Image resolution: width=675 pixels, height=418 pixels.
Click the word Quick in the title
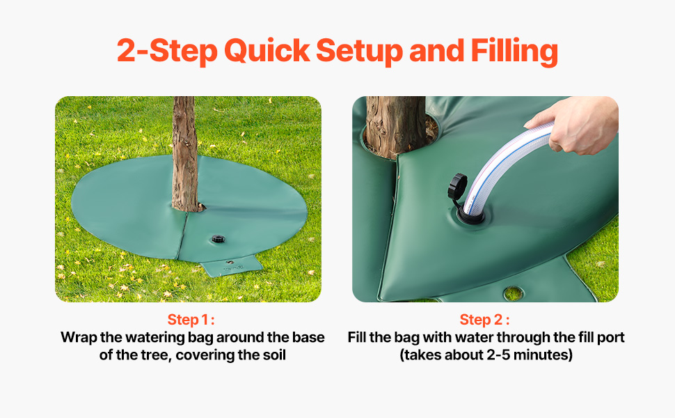pyautogui.click(x=267, y=51)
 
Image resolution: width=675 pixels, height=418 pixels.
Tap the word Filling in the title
pyautogui.click(x=514, y=52)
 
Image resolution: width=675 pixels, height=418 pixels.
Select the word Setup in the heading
pyautogui.click(x=359, y=52)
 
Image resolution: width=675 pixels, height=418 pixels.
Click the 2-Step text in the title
pyautogui.click(x=167, y=52)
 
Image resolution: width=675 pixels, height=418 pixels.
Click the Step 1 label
pyautogui.click(x=191, y=320)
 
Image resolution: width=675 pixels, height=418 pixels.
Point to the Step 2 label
pyautogui.click(x=485, y=320)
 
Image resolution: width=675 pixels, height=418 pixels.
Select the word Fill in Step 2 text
pyautogui.click(x=356, y=337)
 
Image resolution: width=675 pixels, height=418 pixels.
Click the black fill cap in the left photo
pyautogui.click(x=219, y=239)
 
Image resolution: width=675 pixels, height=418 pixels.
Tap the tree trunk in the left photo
pyautogui.click(x=186, y=153)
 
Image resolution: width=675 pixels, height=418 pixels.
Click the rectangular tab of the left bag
pyautogui.click(x=232, y=265)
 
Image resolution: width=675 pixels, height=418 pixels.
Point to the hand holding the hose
pyautogui.click(x=575, y=124)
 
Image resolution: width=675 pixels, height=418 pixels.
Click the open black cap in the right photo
pyautogui.click(x=457, y=185)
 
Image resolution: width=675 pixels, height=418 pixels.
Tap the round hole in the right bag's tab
pyautogui.click(x=513, y=293)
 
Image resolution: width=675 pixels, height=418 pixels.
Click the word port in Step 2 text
pyautogui.click(x=610, y=338)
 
